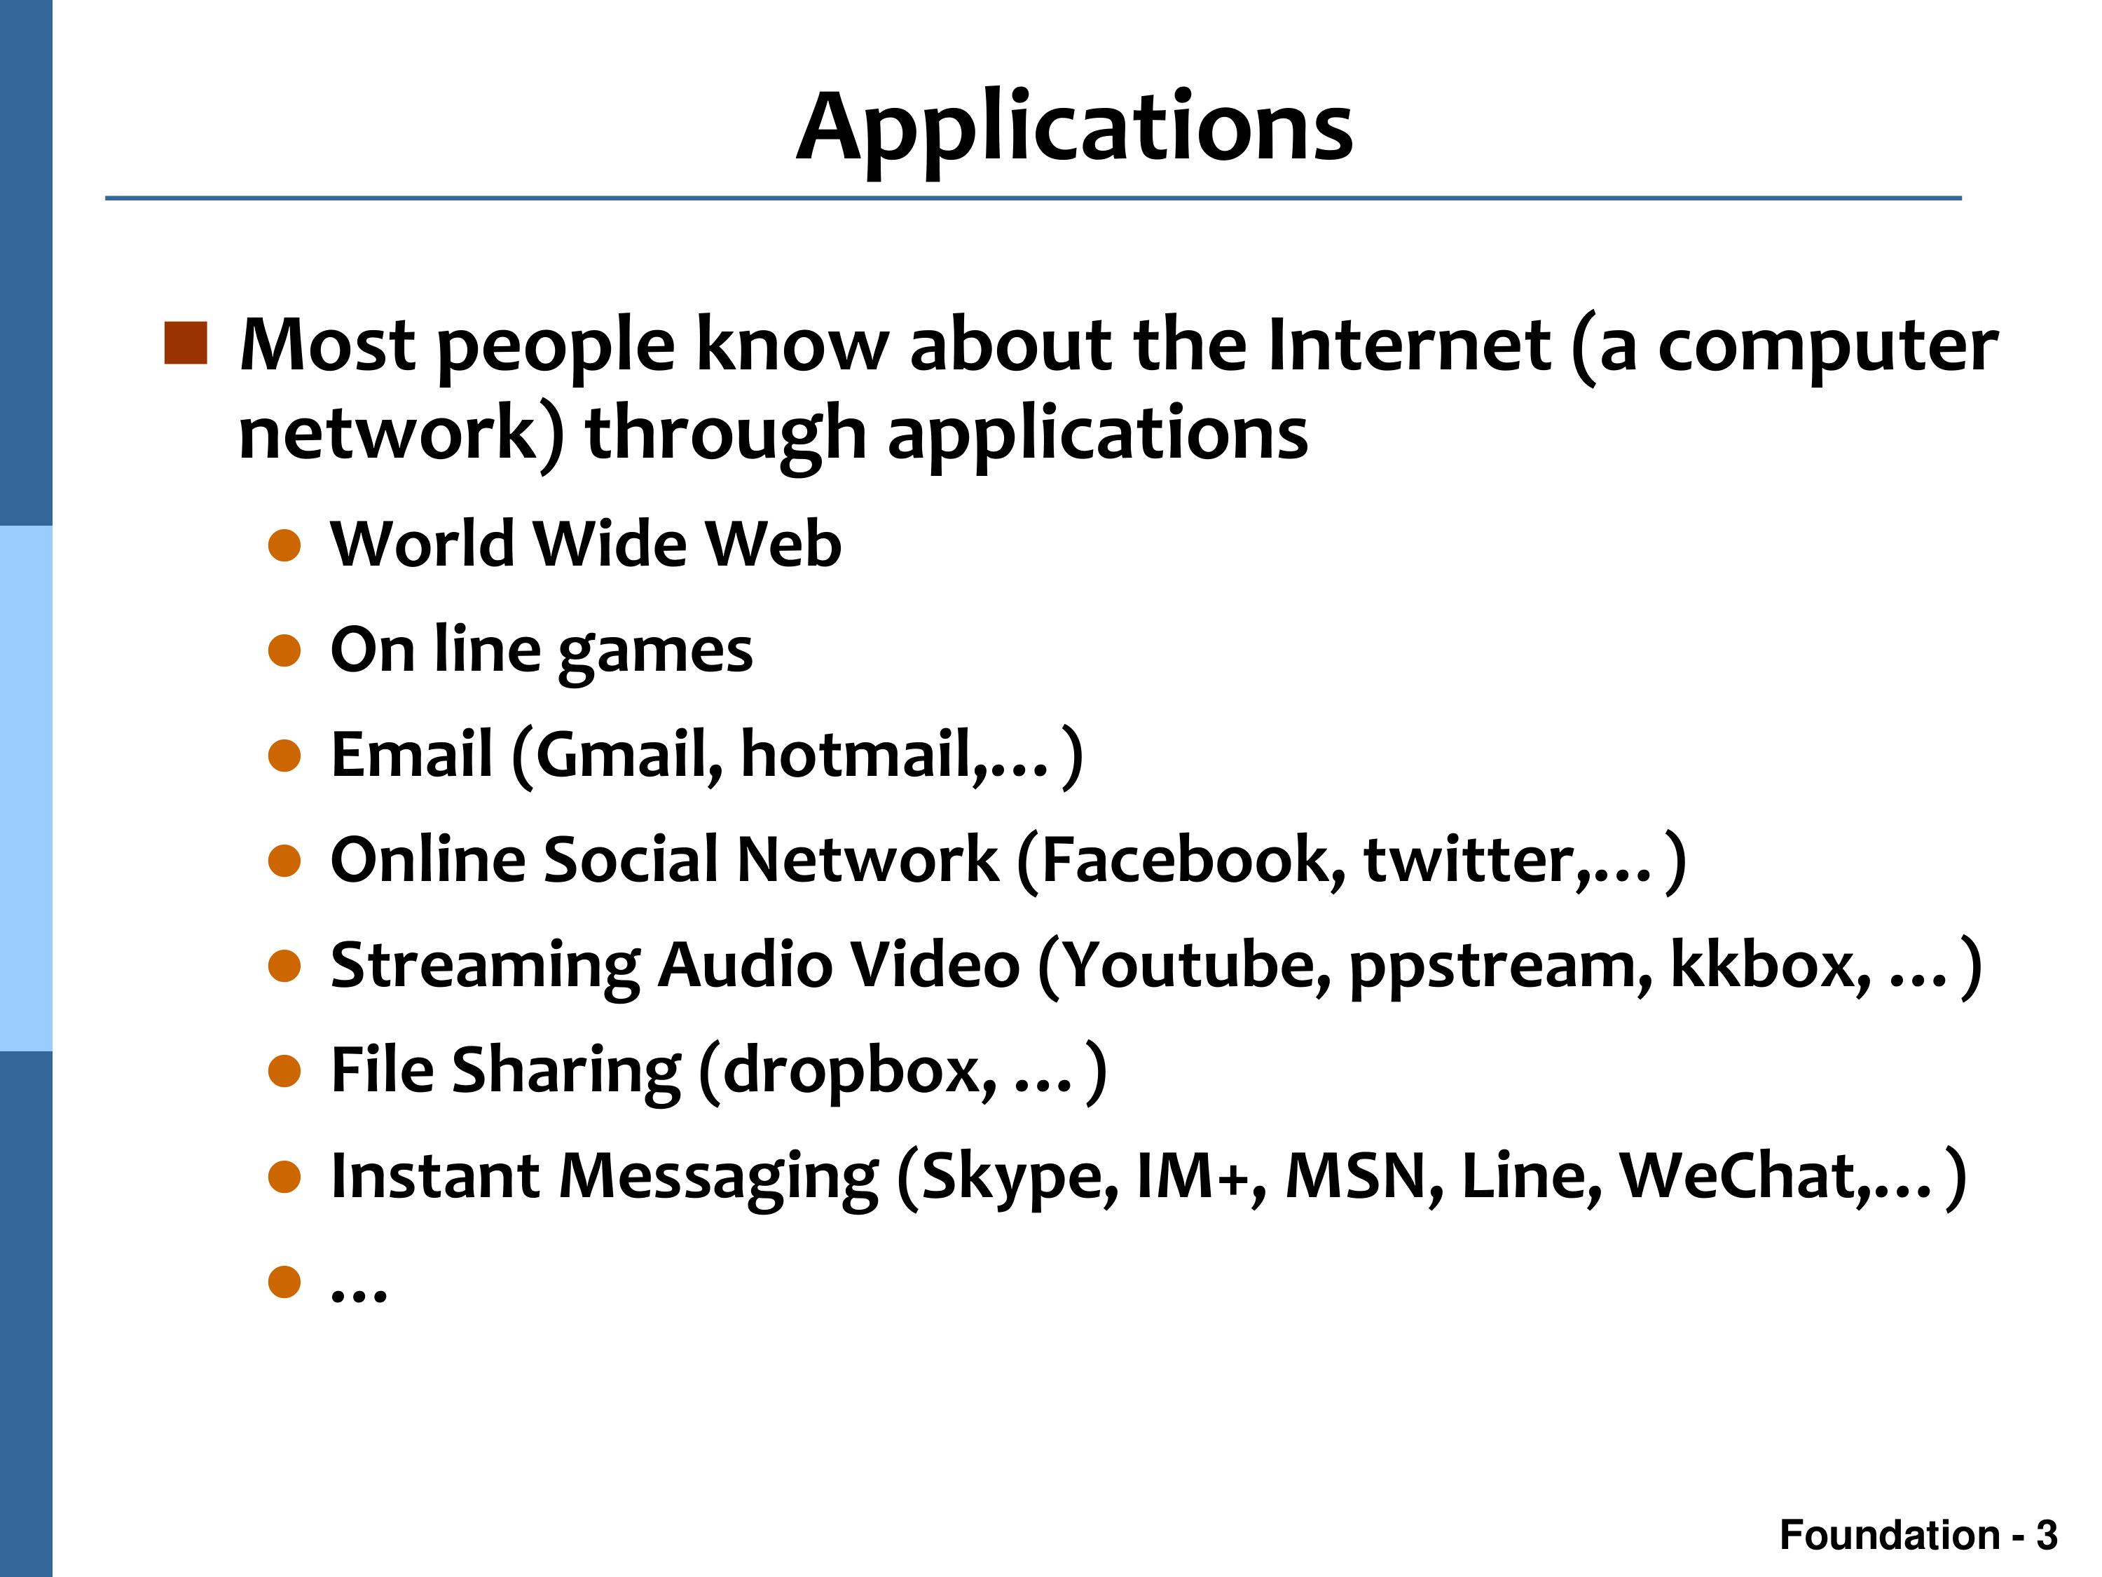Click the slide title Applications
pyautogui.click(x=1074, y=128)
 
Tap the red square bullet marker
pyautogui.click(x=185, y=343)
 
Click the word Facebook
pyautogui.click(x=1193, y=860)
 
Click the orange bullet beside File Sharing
pyautogui.click(x=284, y=1072)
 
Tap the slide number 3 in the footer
pyautogui.click(x=2047, y=1535)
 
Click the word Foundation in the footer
pyautogui.click(x=1889, y=1535)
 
